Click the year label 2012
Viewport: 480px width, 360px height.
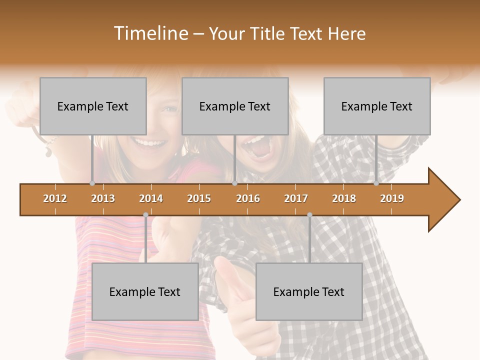point(55,198)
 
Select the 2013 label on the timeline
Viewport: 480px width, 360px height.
point(103,198)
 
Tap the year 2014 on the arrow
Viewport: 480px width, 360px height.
point(151,198)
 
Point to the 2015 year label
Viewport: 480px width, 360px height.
point(199,198)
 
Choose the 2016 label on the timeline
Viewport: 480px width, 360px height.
point(248,198)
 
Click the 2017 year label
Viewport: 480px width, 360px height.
point(296,198)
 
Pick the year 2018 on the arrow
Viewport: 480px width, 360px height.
point(344,198)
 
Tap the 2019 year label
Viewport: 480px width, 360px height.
point(392,198)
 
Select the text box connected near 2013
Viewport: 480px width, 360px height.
point(93,106)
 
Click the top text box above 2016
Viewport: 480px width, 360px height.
point(235,106)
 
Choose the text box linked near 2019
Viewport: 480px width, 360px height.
point(377,106)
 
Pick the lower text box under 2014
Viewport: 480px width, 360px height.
point(145,291)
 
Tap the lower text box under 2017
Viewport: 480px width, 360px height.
point(309,291)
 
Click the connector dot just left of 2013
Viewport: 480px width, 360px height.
point(92,183)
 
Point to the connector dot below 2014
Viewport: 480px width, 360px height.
point(145,214)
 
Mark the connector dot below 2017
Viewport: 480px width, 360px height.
point(309,214)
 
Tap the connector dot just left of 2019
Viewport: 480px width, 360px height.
point(376,183)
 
